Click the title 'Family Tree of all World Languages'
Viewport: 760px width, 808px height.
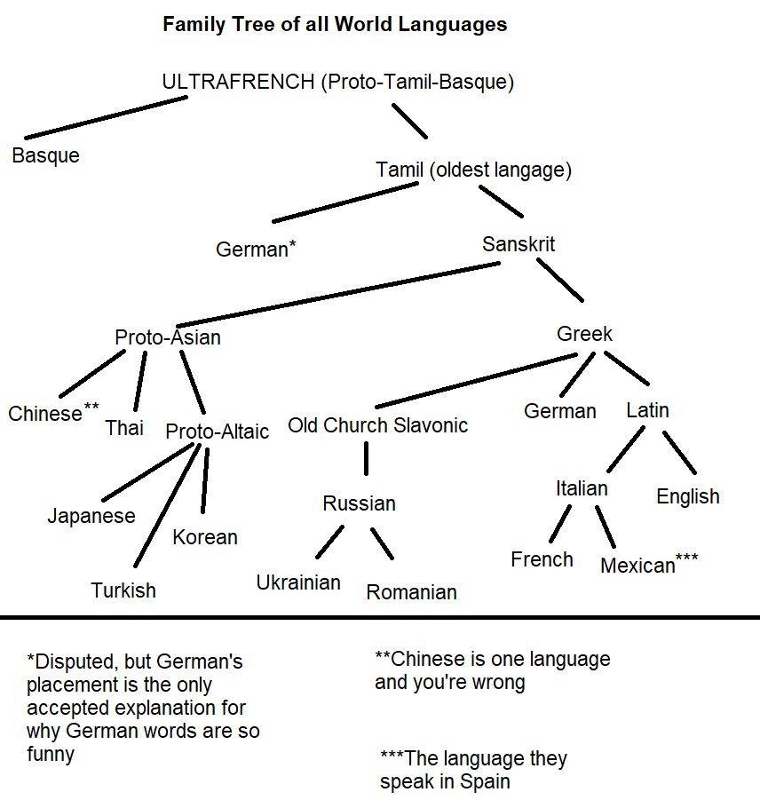point(335,24)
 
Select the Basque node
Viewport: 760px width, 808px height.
point(45,155)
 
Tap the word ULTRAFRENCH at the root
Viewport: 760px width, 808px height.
point(238,83)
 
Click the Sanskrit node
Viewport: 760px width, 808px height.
point(519,243)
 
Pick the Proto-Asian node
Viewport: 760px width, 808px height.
point(168,337)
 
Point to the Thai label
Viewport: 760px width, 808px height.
point(124,428)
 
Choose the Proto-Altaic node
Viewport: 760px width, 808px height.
point(218,432)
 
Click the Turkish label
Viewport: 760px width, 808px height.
point(123,590)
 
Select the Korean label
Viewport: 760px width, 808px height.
point(205,537)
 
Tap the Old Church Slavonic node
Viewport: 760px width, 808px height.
point(377,425)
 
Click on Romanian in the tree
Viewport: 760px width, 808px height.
point(411,592)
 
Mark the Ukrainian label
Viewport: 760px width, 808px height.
point(298,582)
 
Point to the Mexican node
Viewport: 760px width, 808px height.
point(638,566)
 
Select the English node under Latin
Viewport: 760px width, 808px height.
point(687,496)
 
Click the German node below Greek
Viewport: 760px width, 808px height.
point(559,411)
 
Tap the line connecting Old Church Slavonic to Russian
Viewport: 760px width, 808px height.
point(366,459)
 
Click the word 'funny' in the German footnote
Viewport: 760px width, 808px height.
point(51,755)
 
